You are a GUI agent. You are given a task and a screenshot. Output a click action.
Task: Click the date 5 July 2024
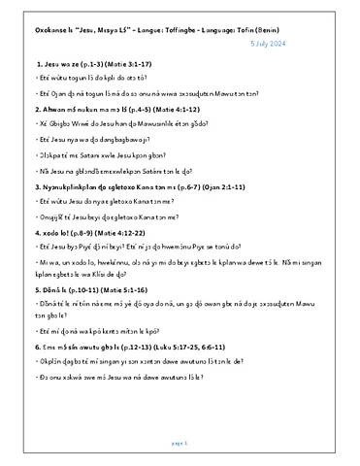coord(311,45)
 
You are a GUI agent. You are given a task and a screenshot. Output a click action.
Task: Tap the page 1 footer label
coord(180,441)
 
